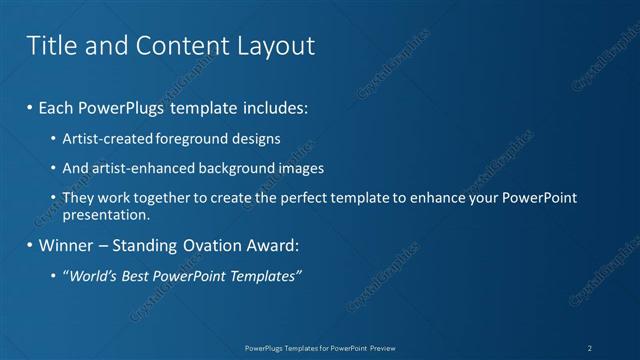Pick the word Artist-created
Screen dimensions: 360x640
click(x=104, y=138)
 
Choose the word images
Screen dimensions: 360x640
click(x=300, y=168)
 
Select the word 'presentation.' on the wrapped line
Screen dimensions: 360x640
click(x=106, y=214)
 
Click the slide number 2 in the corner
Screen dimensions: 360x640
click(x=589, y=347)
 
